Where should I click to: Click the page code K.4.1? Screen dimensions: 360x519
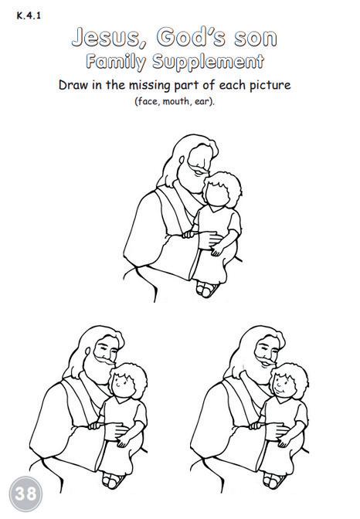click(x=29, y=15)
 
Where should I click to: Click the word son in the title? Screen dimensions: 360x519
click(x=256, y=38)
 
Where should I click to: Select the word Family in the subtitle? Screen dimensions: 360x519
click(x=116, y=62)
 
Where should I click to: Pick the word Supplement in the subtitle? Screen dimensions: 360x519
click(x=208, y=62)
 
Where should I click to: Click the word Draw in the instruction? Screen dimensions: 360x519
click(x=73, y=85)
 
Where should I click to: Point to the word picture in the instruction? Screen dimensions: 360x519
click(x=270, y=86)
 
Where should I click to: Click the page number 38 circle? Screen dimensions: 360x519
click(x=25, y=494)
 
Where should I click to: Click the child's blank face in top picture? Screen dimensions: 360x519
click(x=217, y=193)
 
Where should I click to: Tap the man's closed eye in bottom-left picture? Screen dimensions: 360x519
click(x=104, y=348)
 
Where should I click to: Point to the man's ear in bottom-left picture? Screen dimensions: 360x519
click(x=87, y=351)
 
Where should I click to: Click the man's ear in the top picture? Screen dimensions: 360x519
click(x=182, y=160)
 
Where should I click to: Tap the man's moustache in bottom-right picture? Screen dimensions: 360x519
click(x=266, y=360)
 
